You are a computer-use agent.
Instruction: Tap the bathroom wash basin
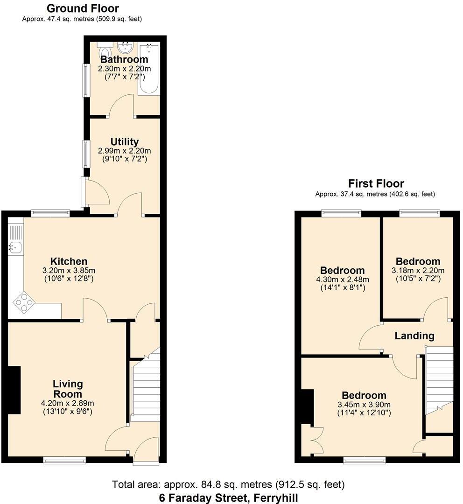(x=125, y=48)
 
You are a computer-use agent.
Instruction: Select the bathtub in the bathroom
(x=149, y=69)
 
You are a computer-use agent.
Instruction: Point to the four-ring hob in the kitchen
(x=24, y=303)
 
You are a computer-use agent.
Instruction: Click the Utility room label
(x=124, y=142)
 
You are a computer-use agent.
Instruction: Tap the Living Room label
(x=68, y=389)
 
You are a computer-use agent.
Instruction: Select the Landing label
(x=414, y=336)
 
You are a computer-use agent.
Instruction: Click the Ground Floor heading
(x=83, y=8)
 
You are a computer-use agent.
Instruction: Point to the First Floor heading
(x=376, y=183)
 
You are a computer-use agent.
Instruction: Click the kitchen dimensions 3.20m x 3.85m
(x=69, y=270)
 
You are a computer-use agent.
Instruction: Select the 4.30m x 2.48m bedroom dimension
(x=342, y=280)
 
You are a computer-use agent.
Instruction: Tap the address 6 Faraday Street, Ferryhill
(x=228, y=497)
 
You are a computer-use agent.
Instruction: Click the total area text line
(x=228, y=484)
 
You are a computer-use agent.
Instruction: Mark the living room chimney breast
(x=14, y=390)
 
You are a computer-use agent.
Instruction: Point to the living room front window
(x=64, y=461)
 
